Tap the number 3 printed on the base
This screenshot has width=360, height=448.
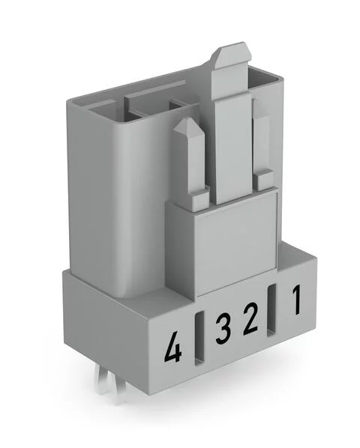click(223, 329)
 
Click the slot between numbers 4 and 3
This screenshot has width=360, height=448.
click(199, 339)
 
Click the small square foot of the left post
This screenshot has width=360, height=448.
click(196, 200)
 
